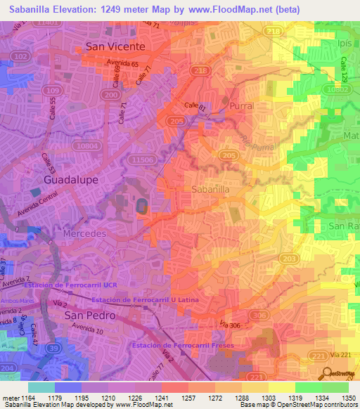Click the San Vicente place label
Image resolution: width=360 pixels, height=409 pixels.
pos(115,46)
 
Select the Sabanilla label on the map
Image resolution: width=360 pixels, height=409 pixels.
pos(212,189)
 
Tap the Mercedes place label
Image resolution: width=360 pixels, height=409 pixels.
pos(84,233)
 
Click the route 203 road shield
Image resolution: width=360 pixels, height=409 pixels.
pos(288,259)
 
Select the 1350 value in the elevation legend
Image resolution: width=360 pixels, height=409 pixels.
pos(347,398)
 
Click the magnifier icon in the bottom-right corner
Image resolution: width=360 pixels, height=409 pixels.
pos(327,374)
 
